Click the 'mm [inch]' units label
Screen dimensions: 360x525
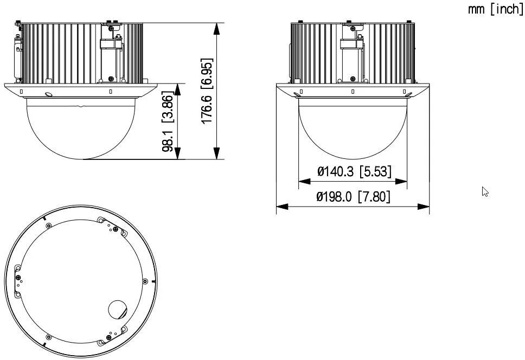click(496, 11)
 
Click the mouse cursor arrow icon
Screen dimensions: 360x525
click(485, 191)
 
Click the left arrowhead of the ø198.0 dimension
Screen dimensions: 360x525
click(280, 206)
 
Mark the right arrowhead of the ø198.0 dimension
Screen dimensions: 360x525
click(426, 206)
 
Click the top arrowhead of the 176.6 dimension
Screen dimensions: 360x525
click(217, 27)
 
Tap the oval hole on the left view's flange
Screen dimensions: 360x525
click(48, 94)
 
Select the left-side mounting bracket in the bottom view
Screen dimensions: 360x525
click(18, 280)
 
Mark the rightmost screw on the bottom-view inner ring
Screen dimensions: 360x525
click(145, 281)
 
